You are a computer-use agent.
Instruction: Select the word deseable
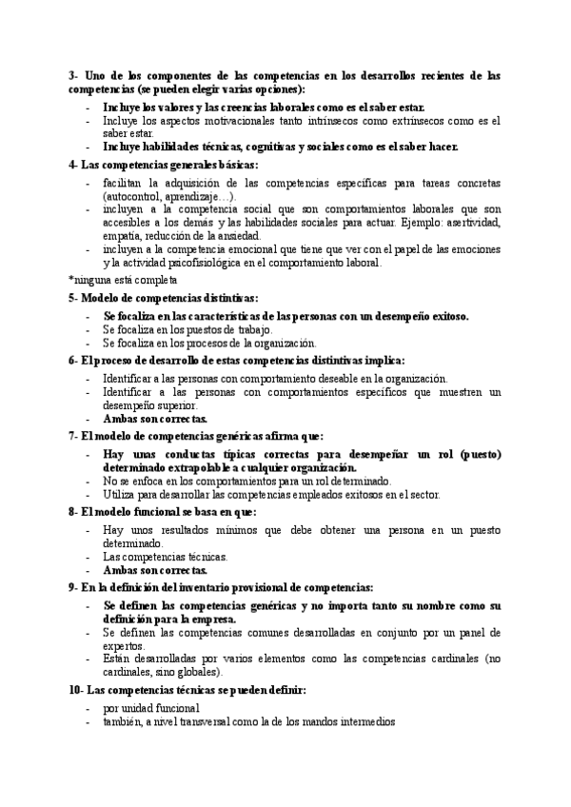point(369,378)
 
